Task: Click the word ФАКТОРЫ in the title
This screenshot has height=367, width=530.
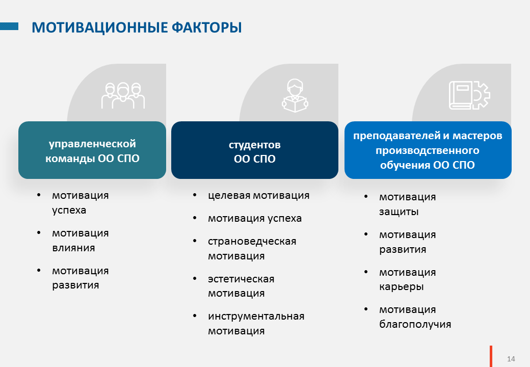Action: [207, 28]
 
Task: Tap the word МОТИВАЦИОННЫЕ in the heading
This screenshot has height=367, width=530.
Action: [99, 28]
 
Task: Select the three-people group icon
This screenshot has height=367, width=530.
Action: [123, 96]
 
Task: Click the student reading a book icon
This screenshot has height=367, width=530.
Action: [295, 96]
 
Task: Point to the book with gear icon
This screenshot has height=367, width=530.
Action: [469, 95]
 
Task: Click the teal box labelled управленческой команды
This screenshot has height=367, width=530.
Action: [92, 150]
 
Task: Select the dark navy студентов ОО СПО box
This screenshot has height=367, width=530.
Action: [254, 150]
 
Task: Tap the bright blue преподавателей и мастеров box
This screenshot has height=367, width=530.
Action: [428, 150]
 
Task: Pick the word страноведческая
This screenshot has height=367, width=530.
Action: [252, 241]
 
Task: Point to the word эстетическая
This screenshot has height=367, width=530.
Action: [241, 279]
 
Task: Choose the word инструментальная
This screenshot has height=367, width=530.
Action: [256, 317]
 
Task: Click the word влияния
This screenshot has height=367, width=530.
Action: [73, 248]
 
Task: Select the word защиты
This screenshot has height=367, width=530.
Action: [399, 212]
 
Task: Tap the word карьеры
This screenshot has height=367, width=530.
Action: [401, 287]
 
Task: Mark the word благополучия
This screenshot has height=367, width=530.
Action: [415, 324]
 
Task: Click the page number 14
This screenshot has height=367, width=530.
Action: [511, 359]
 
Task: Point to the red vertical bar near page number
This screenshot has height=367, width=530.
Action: [491, 356]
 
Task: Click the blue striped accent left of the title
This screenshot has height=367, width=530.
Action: [9, 27]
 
